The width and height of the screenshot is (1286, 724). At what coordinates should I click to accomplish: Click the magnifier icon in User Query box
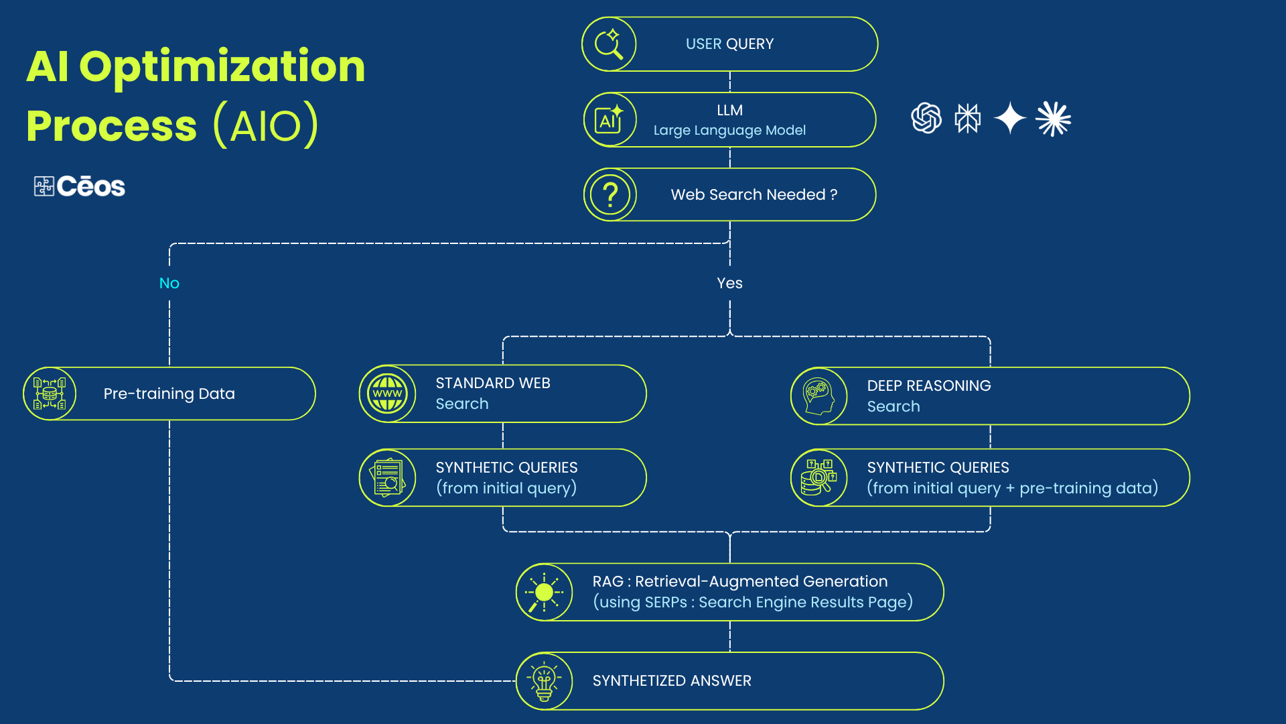609,44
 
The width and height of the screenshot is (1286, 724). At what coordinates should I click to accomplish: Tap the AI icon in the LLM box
609,120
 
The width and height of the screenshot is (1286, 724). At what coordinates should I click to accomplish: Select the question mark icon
610,195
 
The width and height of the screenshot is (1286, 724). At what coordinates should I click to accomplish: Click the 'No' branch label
169,283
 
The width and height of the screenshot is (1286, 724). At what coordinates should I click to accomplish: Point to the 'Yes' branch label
729,283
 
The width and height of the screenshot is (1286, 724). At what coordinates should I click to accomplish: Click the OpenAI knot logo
926,118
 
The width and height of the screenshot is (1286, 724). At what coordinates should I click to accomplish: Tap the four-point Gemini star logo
1010,118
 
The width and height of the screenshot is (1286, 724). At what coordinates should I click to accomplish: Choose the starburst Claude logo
1053,119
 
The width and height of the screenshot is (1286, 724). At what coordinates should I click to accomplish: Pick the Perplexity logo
967,119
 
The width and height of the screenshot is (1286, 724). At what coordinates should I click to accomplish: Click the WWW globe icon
388,394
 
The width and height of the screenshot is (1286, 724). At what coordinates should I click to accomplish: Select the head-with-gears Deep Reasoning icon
818,396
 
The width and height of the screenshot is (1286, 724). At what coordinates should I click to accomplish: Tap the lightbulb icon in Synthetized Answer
544,681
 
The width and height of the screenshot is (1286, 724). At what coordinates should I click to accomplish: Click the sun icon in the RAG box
544,593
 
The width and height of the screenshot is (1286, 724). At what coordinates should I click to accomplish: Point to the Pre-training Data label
169,394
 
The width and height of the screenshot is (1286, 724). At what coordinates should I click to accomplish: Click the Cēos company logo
80,186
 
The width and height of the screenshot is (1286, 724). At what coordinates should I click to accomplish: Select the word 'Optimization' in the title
222,67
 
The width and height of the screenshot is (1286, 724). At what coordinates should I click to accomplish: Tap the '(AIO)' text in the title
265,125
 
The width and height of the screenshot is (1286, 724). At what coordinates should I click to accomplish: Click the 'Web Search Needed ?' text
754,194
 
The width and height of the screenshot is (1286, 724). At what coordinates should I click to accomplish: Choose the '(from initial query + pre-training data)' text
1012,488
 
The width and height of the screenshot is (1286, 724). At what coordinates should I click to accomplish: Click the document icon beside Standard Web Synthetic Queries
388,477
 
